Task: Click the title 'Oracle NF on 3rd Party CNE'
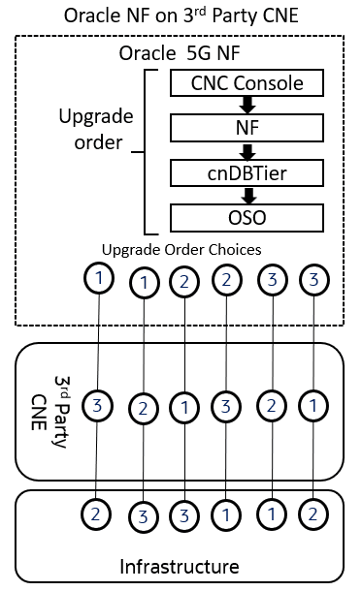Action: tap(181, 16)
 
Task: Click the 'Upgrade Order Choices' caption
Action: tap(181, 249)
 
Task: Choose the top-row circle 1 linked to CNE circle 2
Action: tap(145, 283)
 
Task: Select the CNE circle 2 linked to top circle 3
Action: tap(272, 405)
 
